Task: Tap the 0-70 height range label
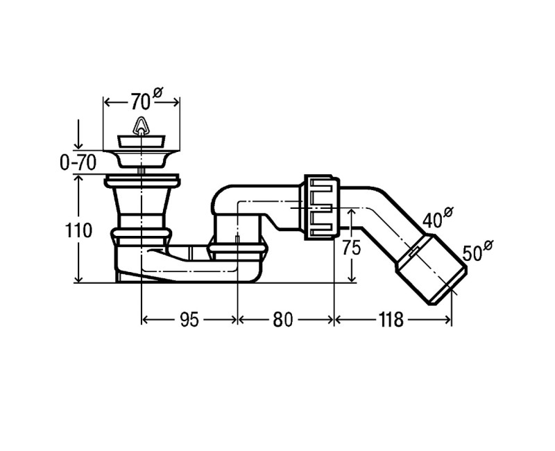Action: pos(78,163)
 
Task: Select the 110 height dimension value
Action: pos(78,231)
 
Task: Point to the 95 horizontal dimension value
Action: pos(189,320)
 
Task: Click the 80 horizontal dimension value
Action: pos(283,320)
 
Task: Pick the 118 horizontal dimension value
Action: pos(391,320)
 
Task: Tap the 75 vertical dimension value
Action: pos(351,248)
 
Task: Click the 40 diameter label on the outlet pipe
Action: pos(438,217)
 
